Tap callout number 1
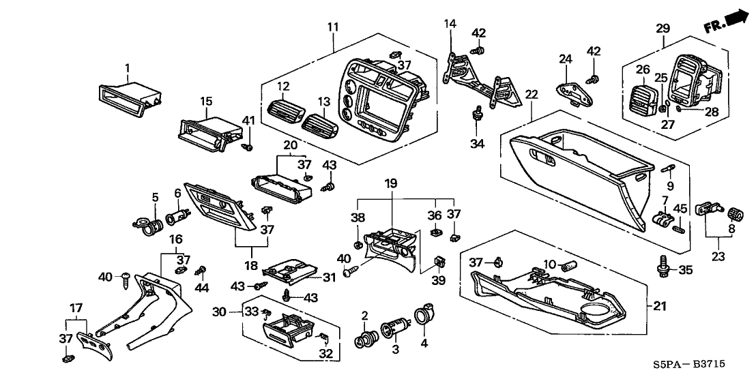coord(126,67)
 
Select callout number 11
coord(332,27)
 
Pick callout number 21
coord(659,306)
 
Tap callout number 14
coord(450,24)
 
